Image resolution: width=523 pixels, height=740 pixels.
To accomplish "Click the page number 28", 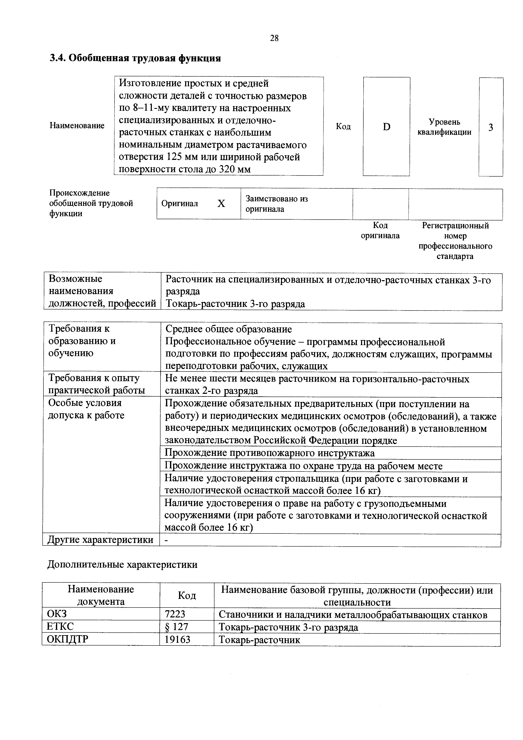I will [274, 38].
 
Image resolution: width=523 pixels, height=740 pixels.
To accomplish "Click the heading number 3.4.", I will [57, 58].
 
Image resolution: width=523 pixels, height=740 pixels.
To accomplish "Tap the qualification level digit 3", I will [491, 128].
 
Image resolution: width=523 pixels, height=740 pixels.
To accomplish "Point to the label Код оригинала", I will [380, 230].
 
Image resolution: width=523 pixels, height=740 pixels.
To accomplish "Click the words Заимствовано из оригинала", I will [276, 204].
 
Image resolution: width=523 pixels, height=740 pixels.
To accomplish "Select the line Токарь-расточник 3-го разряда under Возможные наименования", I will [235, 304].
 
